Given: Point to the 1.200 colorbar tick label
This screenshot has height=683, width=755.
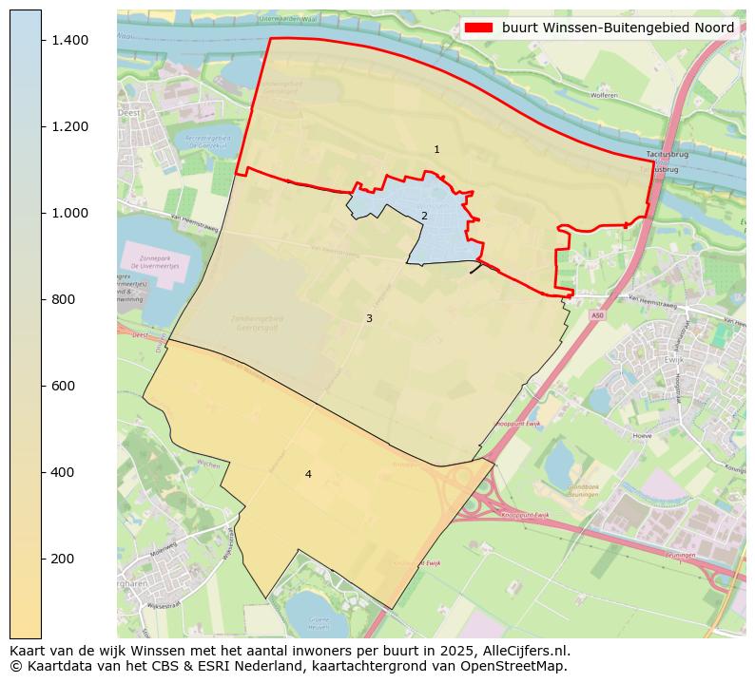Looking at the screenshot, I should (x=70, y=126).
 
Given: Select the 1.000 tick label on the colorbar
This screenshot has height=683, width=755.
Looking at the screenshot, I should (x=70, y=213).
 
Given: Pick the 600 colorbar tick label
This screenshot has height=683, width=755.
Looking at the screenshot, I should (x=64, y=386).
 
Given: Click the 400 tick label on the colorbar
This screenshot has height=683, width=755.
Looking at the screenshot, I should (x=64, y=472).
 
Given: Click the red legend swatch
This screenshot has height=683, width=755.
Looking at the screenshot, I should (x=479, y=28).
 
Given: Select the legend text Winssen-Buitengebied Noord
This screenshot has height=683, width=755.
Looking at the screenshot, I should (x=618, y=28).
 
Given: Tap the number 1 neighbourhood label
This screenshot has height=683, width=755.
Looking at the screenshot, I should (x=436, y=150).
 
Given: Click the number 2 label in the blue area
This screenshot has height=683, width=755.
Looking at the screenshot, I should (x=424, y=217).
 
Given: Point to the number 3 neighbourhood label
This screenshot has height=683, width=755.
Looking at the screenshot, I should (x=369, y=319).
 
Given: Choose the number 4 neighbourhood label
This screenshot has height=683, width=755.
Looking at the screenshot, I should (x=308, y=475).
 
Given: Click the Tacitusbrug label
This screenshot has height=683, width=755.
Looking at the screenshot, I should (x=666, y=154).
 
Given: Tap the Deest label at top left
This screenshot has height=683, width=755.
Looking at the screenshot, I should (x=128, y=111).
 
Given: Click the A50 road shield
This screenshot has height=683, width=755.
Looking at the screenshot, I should (x=596, y=313).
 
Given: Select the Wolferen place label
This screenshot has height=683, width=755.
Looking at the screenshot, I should (x=604, y=95).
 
